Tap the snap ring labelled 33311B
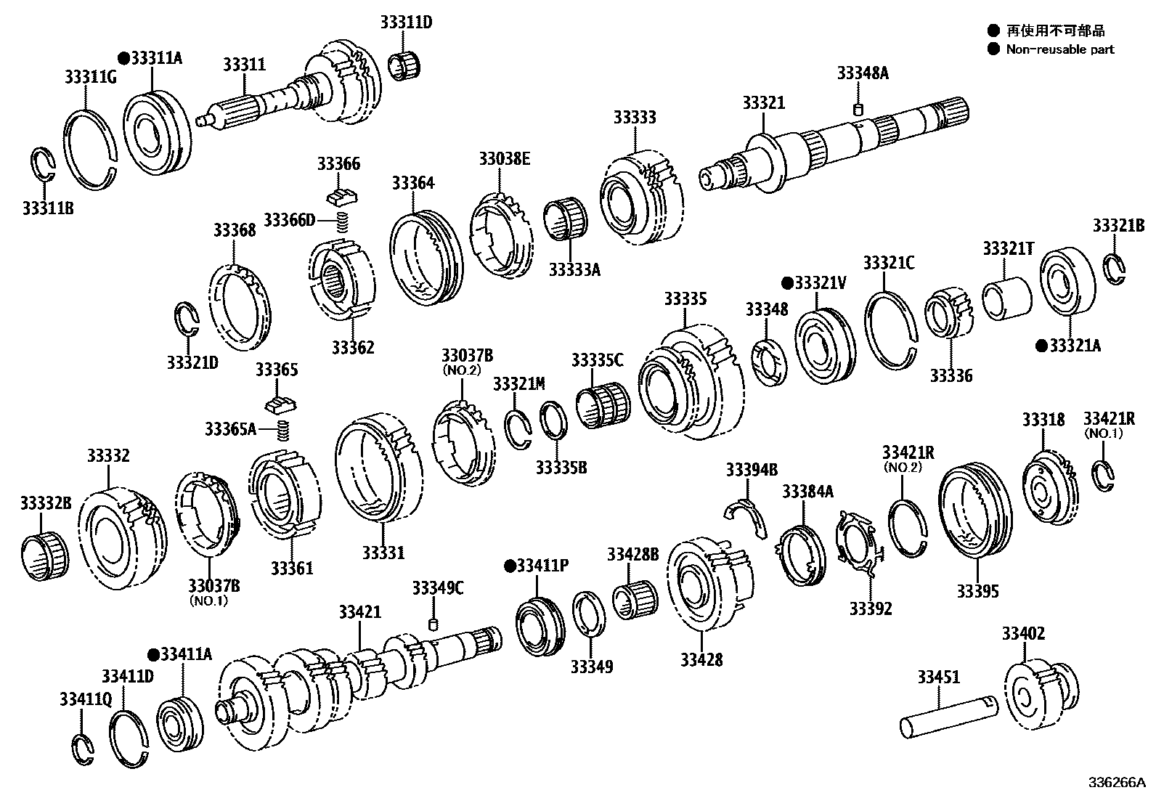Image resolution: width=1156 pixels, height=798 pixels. pos(44,166)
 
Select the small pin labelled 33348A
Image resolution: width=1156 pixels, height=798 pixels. pos(857,110)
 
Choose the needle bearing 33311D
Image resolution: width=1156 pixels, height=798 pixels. pos(404,65)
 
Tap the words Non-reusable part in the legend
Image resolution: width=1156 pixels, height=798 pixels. pos(1060,49)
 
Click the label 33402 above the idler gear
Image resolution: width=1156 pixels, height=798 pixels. pos(1023,633)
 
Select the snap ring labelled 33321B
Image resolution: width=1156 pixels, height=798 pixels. pos(1115,268)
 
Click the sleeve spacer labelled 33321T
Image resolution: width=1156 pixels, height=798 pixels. pos(1007,298)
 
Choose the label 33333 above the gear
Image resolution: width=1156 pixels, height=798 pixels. pos(634,118)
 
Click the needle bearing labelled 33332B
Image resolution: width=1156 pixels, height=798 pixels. pos(44,555)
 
